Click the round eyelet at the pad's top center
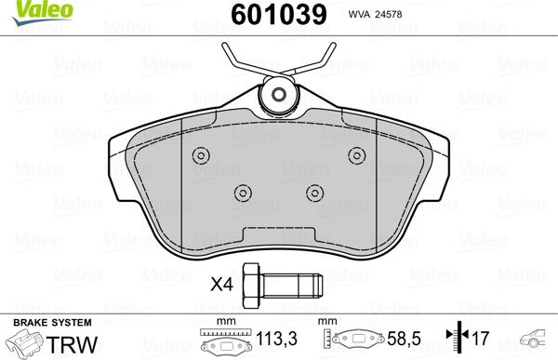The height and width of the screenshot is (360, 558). (x=276, y=95)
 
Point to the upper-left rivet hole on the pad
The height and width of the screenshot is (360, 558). (x=198, y=156)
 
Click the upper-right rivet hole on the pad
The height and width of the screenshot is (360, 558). (x=354, y=155)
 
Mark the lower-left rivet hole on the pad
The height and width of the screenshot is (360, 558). (x=242, y=193)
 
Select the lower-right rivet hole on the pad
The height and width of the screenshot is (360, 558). (x=312, y=193)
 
